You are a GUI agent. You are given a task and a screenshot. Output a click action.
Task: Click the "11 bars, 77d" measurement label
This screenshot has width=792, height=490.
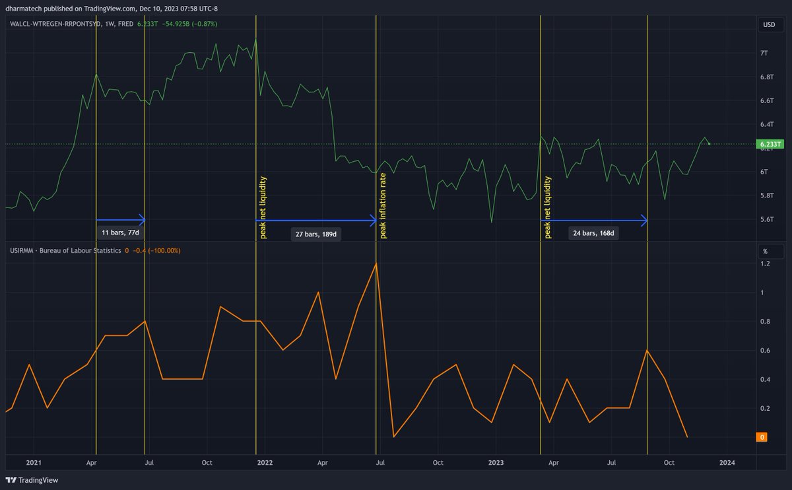click(x=121, y=232)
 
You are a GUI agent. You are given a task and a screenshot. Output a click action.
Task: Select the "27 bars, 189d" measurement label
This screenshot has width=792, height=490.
click(x=315, y=234)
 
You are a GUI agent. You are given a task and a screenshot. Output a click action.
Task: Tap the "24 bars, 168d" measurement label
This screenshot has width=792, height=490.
click(x=593, y=232)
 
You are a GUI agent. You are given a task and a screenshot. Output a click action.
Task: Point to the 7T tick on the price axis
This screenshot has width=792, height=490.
click(x=764, y=53)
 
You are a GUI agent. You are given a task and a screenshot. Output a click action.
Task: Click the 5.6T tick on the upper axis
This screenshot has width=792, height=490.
click(x=766, y=219)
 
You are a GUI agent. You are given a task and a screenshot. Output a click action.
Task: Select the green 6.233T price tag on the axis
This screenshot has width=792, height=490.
click(x=770, y=144)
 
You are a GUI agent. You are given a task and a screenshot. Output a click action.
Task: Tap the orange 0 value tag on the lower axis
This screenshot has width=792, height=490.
click(x=762, y=437)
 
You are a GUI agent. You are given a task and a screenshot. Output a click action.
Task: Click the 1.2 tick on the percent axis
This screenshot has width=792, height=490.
click(x=765, y=264)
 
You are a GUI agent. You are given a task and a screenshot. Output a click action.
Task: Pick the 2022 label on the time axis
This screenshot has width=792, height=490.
click(x=265, y=463)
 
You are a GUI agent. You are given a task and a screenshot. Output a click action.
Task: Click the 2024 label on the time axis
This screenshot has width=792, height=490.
click(x=727, y=463)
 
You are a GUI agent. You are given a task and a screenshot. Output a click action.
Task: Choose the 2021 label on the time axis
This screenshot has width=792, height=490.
click(x=33, y=463)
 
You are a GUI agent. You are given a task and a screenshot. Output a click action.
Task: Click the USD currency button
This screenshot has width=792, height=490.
click(x=769, y=25)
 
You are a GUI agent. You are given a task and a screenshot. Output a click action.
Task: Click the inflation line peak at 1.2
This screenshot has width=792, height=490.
click(x=376, y=263)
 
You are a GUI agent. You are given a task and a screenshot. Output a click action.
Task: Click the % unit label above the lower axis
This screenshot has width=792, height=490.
click(x=765, y=252)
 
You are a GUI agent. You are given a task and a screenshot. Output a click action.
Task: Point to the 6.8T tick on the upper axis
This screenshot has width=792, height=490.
click(x=766, y=77)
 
